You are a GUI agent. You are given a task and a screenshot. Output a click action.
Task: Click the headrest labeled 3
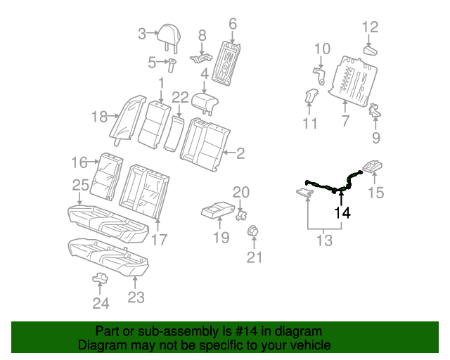click(x=169, y=33)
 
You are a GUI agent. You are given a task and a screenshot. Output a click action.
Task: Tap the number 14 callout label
click(x=342, y=212)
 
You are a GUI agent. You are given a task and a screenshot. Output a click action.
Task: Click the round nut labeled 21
click(x=252, y=231)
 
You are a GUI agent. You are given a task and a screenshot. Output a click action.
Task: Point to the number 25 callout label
click(x=80, y=185)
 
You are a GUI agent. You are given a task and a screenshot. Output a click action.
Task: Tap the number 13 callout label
click(x=323, y=241)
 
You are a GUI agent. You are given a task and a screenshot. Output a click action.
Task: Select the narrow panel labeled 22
click(x=173, y=133)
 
